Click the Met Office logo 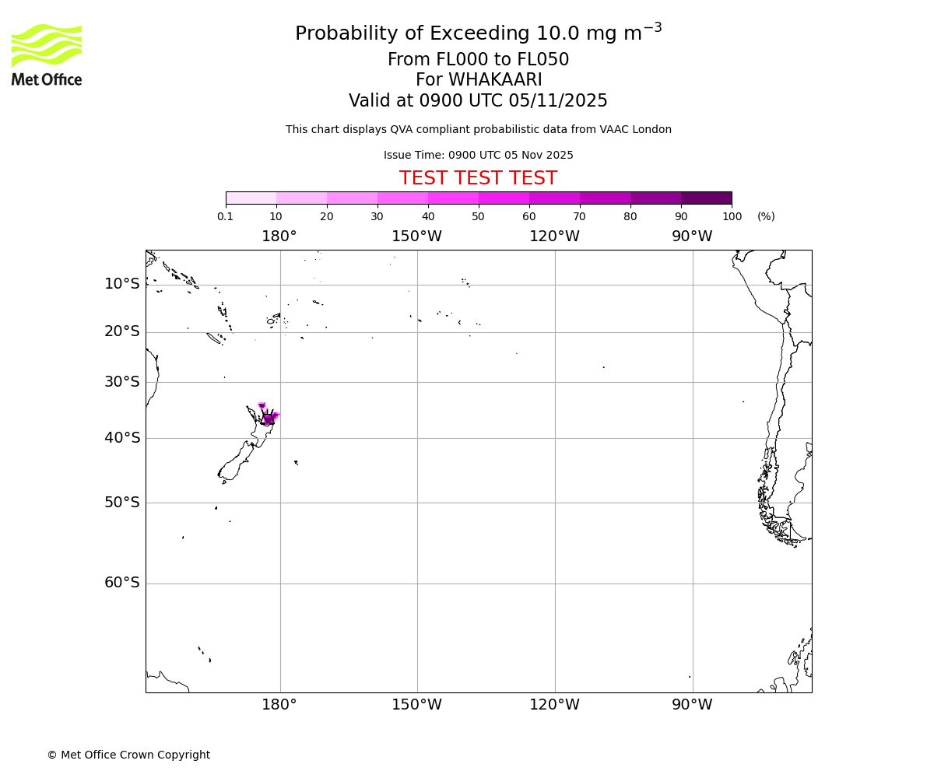click(47, 54)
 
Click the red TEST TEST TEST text click(478, 178)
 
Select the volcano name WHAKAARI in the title click(496, 80)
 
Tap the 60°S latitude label click(122, 583)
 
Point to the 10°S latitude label click(122, 284)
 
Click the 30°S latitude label click(122, 381)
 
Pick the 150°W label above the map click(416, 237)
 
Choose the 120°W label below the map click(554, 705)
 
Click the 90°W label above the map click(692, 237)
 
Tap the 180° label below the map click(279, 705)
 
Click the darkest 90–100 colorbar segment click(706, 198)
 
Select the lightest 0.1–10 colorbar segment click(251, 198)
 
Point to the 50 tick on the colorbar click(478, 217)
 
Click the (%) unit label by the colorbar click(766, 217)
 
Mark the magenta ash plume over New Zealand click(268, 419)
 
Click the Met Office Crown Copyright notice click(128, 755)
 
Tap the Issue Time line click(478, 155)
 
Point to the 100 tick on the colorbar click(732, 217)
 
